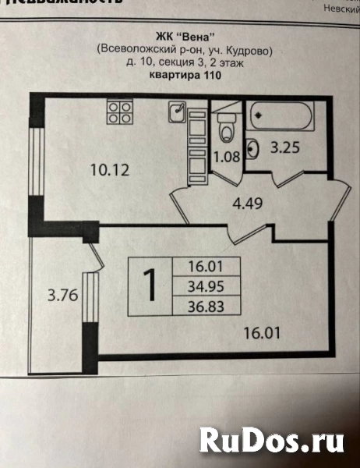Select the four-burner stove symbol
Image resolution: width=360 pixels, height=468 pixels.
point(118,112)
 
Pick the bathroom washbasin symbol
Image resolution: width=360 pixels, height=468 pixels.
point(252,146)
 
